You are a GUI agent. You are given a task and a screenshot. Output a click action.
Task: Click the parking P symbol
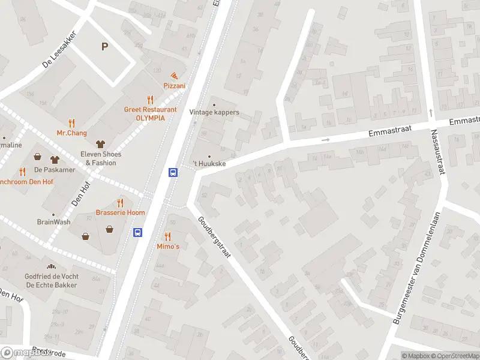(105, 47)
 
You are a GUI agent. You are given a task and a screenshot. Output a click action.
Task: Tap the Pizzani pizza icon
(174, 76)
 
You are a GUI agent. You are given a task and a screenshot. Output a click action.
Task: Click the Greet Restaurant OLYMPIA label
(150, 113)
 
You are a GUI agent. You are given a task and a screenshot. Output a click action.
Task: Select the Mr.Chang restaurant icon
(72, 122)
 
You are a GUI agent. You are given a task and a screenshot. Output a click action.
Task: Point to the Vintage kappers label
(214, 112)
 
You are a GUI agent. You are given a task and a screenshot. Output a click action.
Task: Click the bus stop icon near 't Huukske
(173, 172)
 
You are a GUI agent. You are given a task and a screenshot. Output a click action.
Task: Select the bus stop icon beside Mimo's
(137, 232)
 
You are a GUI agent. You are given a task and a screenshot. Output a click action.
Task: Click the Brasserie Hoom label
(120, 212)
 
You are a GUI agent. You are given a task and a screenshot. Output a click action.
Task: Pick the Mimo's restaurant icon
(168, 236)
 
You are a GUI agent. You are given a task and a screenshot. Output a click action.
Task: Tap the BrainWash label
(53, 221)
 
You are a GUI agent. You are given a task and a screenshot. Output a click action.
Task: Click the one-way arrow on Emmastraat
(326, 140)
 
